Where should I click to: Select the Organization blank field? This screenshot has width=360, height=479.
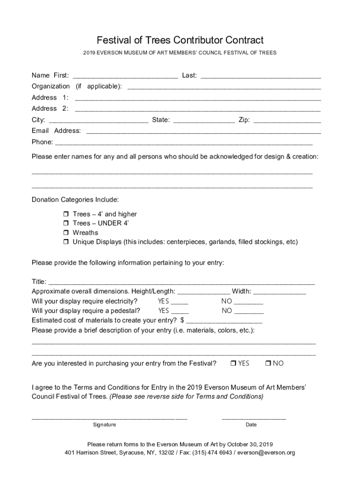coord(224,87)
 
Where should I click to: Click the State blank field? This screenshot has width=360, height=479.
coord(204,121)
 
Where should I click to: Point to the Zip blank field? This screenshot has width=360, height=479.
coord(287,121)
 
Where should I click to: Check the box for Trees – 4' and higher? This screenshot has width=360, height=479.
coord(66,214)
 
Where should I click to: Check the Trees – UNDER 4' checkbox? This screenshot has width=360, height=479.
coord(66,224)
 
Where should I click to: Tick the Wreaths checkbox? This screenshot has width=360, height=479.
coord(66,233)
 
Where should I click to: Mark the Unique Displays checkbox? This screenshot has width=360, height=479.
coord(66,242)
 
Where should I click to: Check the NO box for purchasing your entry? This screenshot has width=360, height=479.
coord(268,363)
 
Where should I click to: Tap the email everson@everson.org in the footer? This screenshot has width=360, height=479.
coord(266,453)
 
